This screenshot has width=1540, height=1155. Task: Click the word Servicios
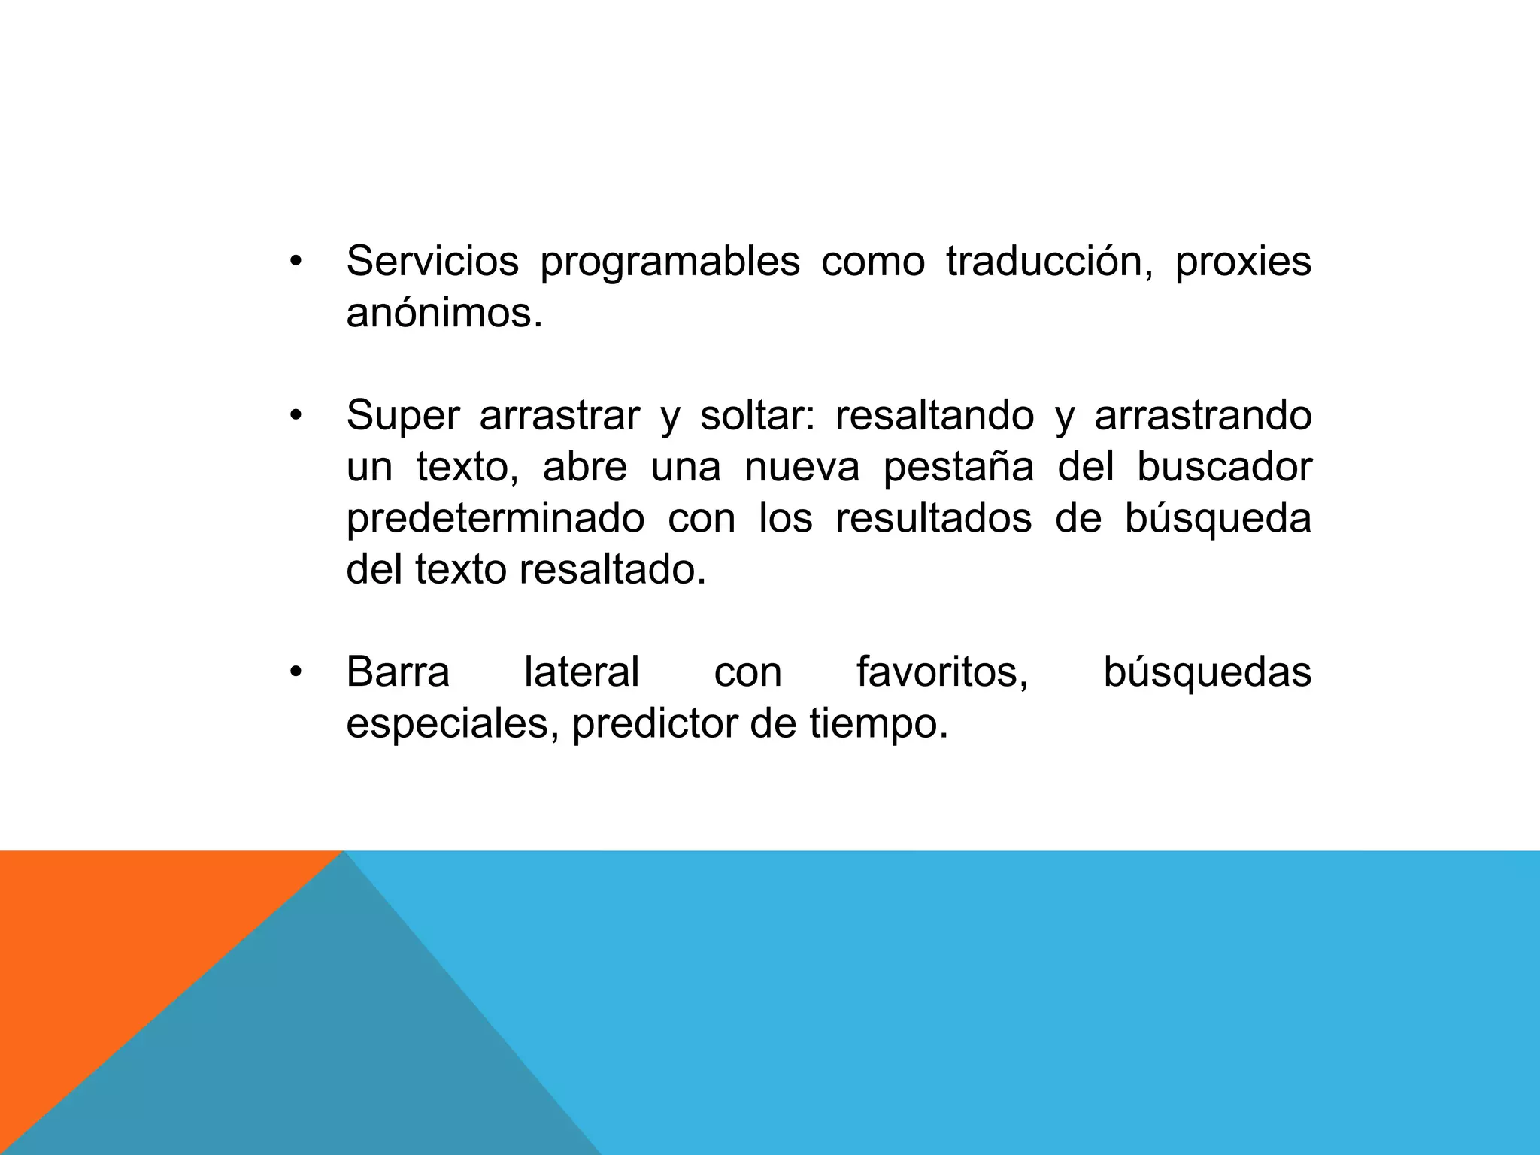tap(432, 262)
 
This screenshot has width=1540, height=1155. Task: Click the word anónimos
tap(444, 313)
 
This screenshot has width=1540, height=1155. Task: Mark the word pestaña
tap(959, 468)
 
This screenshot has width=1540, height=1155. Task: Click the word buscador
tap(1224, 466)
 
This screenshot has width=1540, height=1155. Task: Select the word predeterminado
tap(496, 519)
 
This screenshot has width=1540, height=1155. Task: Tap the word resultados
tap(934, 518)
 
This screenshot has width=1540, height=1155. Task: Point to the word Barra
tap(398, 671)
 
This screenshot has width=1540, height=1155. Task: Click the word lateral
tap(581, 671)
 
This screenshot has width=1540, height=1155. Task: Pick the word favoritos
tap(942, 671)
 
